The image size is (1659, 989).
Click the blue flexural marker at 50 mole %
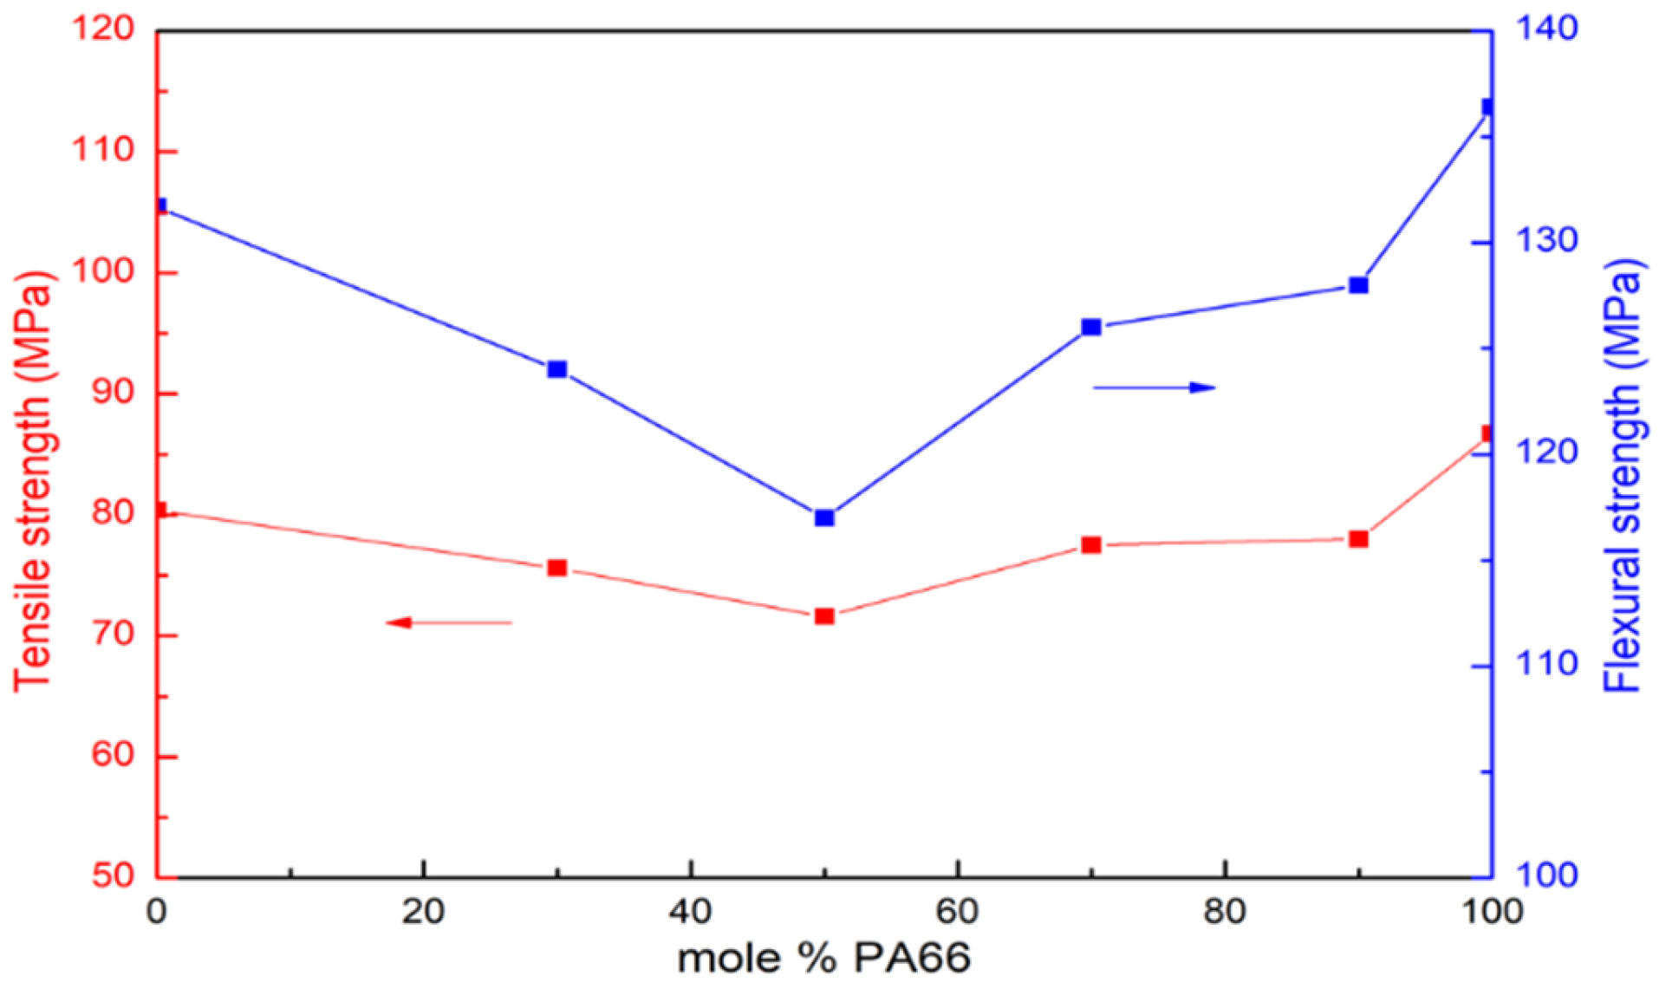pos(823,517)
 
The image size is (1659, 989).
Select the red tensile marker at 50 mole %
pos(823,616)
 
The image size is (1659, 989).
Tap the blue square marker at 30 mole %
pos(556,369)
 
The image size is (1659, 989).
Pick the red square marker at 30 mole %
pos(556,569)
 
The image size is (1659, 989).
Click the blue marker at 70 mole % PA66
pos(1090,327)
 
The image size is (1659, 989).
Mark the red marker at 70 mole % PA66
pos(1090,545)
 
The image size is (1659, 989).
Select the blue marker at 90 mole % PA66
pos(1358,285)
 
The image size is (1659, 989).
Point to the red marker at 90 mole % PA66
pos(1358,539)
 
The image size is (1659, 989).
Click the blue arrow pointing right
pos(1155,387)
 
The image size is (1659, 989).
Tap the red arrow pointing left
pos(448,622)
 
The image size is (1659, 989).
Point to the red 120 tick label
pos(102,29)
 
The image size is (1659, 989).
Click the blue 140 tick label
pos(1545,29)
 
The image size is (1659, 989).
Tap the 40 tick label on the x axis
pos(690,912)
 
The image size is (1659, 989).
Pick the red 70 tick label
pos(113,634)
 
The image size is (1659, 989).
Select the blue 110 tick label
pos(1545,664)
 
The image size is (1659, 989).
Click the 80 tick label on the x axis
pos(1224,912)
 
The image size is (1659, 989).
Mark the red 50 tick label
pos(113,875)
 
